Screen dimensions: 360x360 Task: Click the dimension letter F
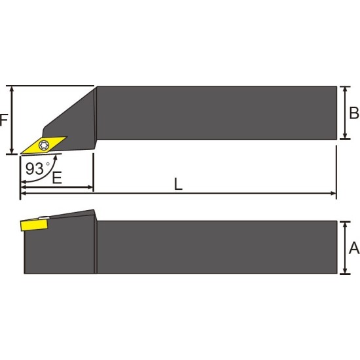click(4, 120)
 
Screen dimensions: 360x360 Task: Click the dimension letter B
click(354, 113)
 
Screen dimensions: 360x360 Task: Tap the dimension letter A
click(354, 248)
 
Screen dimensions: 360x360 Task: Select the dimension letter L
click(178, 184)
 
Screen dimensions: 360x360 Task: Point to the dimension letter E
click(57, 177)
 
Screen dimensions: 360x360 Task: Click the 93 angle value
click(34, 169)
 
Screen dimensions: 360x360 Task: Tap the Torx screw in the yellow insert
click(43, 145)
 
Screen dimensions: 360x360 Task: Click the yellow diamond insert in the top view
click(44, 145)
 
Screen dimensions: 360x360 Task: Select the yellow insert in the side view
click(34, 225)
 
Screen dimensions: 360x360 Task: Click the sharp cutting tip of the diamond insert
click(21, 153)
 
